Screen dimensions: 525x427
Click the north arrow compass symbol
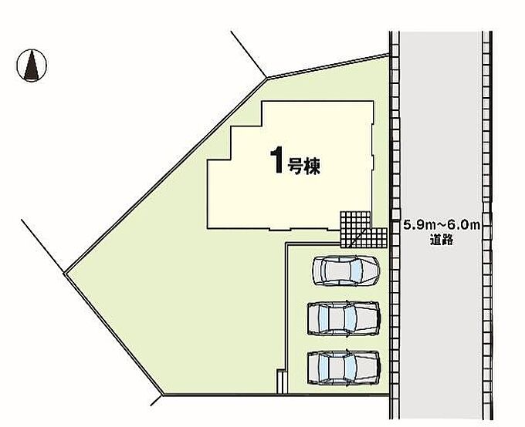32,66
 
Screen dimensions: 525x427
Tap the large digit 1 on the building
278,161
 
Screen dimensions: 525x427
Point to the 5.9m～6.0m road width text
442,225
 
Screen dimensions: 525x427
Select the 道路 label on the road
442,240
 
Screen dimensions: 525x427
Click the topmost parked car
346,271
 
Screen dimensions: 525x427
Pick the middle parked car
344,318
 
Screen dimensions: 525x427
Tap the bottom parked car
344,368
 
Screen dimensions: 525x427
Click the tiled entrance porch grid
364,230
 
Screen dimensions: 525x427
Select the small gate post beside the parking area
282,382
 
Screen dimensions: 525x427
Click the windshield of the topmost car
357,271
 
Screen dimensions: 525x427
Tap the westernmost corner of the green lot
65,273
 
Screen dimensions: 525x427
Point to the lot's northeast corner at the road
388,55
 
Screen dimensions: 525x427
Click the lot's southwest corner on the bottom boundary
164,395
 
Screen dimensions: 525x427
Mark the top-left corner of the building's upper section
262,101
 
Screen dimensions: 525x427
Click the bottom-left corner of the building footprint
208,229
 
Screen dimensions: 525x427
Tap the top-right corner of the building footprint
373,101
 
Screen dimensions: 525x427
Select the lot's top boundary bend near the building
267,79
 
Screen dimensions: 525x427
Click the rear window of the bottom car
323,368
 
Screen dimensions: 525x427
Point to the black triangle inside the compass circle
32,65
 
